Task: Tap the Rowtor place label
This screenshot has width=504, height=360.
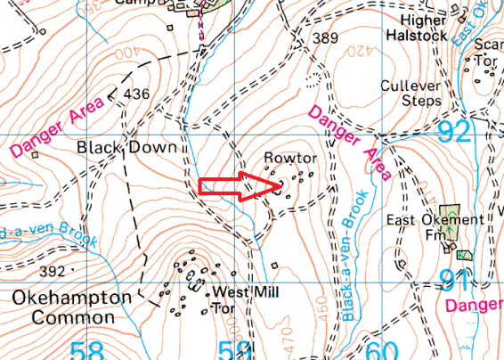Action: pyautogui.click(x=290, y=158)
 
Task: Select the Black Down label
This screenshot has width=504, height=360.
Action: pyautogui.click(x=126, y=147)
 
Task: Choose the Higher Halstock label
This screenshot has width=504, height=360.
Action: pyautogui.click(x=416, y=27)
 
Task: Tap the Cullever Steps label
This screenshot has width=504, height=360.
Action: pyautogui.click(x=411, y=94)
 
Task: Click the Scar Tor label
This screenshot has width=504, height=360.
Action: pyautogui.click(x=488, y=53)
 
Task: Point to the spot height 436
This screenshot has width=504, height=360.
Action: pyautogui.click(x=137, y=94)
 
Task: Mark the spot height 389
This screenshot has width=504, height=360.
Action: pyautogui.click(x=326, y=38)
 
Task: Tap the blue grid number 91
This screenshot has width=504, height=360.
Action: pyautogui.click(x=453, y=281)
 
